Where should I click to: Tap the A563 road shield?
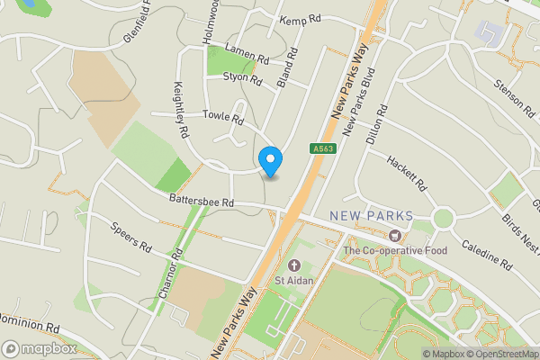click(323, 149)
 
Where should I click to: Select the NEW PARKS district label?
click(372, 216)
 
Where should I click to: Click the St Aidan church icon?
click(294, 265)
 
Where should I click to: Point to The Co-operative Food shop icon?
click(393, 236)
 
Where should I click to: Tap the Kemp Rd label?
click(301, 19)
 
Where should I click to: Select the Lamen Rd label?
click(247, 53)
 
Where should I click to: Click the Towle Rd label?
click(223, 117)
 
